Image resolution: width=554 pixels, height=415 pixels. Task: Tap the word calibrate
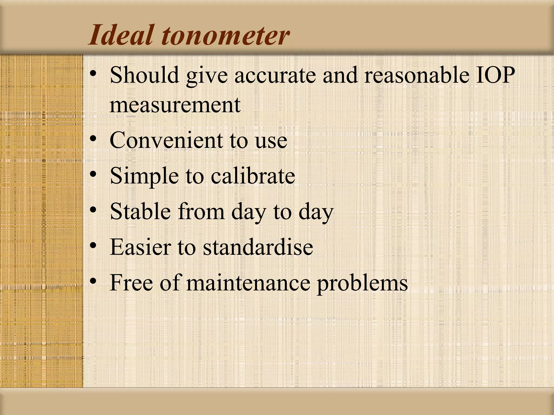(x=253, y=176)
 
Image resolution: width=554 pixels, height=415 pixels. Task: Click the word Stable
(x=140, y=211)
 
